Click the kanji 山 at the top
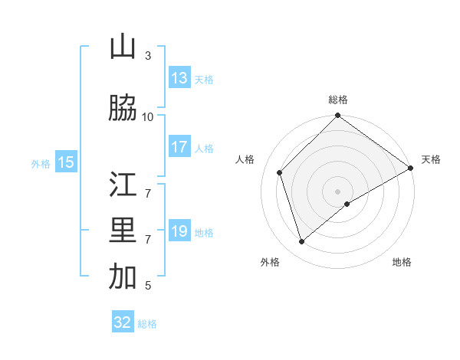[x=123, y=47]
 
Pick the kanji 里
[x=123, y=231]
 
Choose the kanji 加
[x=123, y=278]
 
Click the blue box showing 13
[x=179, y=78]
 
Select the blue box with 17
[x=179, y=147]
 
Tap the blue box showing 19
[x=179, y=231]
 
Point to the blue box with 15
[x=66, y=162]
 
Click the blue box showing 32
[x=123, y=322]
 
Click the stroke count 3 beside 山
[x=148, y=56]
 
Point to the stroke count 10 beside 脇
[x=148, y=116]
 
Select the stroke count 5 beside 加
[x=148, y=286]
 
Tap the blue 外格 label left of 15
[x=41, y=163]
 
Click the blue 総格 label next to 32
[x=147, y=324]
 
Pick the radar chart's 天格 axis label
[x=431, y=159]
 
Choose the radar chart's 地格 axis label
[x=402, y=263]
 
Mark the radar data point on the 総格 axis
[x=337, y=116]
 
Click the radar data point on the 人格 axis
[x=280, y=172]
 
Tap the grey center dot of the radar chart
[x=337, y=191]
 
